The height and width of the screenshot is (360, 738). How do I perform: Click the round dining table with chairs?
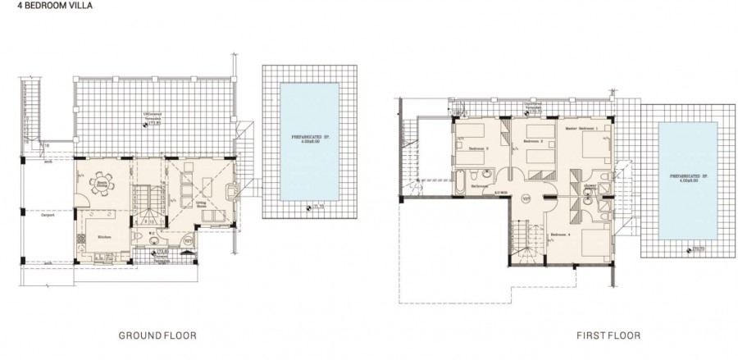[x=104, y=180]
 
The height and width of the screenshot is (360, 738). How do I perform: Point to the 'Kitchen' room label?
[x=104, y=235]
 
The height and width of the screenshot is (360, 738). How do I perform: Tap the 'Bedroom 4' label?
[x=561, y=235]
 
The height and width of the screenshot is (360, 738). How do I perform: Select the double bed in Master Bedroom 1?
[x=591, y=148]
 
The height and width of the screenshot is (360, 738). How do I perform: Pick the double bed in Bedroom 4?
[x=592, y=242]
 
